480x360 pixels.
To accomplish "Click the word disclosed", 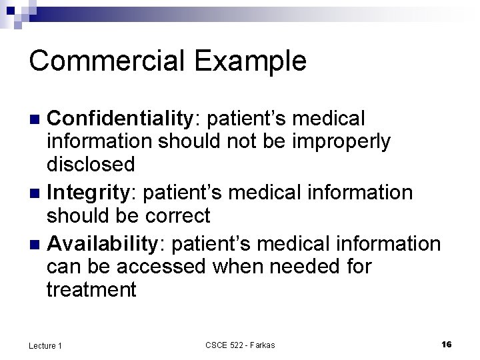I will [91, 163].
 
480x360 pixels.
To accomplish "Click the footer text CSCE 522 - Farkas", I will [240, 345].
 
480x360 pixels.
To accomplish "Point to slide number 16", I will [447, 344].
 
